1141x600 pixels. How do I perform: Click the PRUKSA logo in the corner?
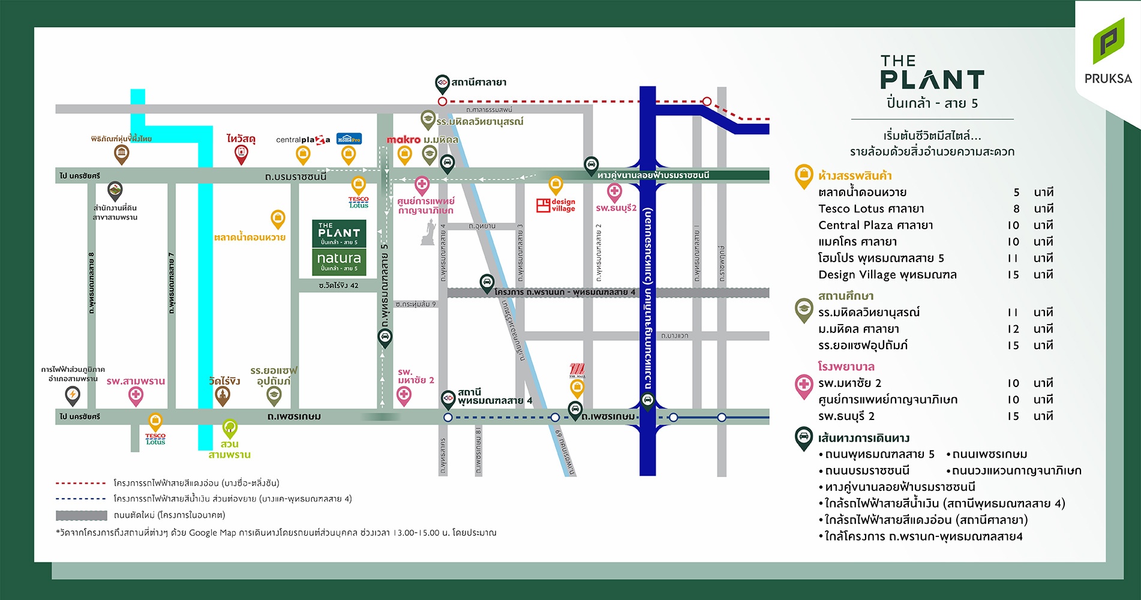click(x=1107, y=52)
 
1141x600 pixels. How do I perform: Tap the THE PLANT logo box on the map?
click(x=339, y=233)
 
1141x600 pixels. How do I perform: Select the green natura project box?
click(x=339, y=262)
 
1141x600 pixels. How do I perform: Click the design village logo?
click(x=556, y=205)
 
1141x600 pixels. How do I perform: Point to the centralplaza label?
click(x=303, y=140)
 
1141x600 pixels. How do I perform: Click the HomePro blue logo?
click(x=349, y=139)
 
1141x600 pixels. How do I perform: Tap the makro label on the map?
click(x=403, y=139)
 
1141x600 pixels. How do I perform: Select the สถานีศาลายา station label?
click(x=478, y=82)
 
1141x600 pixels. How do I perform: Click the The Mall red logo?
click(x=576, y=370)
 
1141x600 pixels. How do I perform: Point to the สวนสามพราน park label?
click(x=229, y=449)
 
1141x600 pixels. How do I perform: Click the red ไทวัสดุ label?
click(x=241, y=139)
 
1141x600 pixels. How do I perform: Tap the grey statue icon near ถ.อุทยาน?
click(x=428, y=233)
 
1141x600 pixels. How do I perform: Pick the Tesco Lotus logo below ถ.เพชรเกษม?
click(x=155, y=439)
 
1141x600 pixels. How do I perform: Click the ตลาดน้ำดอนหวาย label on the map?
click(x=250, y=238)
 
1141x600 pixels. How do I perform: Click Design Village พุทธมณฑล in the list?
click(x=887, y=275)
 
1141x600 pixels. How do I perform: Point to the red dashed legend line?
click(x=80, y=483)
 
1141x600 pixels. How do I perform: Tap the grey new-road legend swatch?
click(x=81, y=515)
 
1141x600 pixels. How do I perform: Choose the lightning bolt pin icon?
click(x=73, y=395)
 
